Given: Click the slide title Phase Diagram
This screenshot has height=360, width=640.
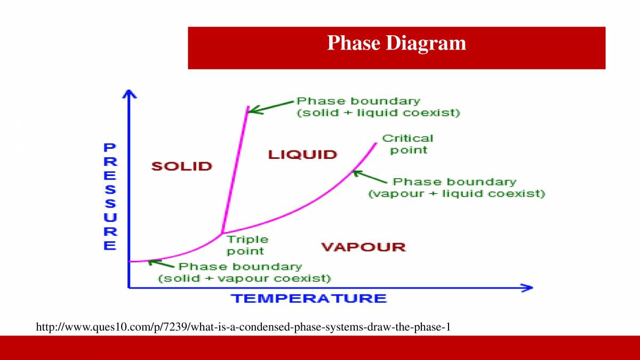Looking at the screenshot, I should [x=396, y=43].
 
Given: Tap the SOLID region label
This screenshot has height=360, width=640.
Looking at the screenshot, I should [x=182, y=166].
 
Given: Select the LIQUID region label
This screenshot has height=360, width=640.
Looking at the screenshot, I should [x=302, y=155].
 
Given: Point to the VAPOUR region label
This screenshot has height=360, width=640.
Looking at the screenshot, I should [x=363, y=247].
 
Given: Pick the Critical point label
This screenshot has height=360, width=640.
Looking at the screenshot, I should [x=408, y=144].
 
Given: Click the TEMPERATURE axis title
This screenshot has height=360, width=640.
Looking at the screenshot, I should [x=308, y=298].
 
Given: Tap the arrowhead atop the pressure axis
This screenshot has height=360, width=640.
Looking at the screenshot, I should [x=129, y=94].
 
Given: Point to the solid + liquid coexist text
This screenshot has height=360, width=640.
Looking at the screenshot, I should [x=378, y=113].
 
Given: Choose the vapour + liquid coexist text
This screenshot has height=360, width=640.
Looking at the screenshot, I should [x=457, y=194].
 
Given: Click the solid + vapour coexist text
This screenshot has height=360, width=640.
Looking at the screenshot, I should [x=244, y=278].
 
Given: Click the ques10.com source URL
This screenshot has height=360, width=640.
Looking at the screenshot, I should [x=243, y=326].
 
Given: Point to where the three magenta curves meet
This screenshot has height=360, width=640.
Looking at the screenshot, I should [x=221, y=234].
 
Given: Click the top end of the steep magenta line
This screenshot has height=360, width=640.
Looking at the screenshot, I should [x=247, y=107].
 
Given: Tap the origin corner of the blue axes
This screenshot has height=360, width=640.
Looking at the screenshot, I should [x=129, y=287].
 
